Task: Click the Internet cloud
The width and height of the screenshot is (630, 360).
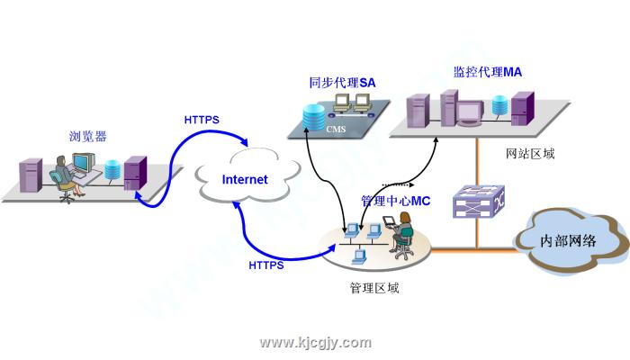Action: [x=245, y=178]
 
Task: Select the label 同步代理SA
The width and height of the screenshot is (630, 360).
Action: [x=342, y=83]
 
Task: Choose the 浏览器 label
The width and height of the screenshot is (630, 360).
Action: [x=87, y=137]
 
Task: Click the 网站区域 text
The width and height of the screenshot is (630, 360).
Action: [x=531, y=154]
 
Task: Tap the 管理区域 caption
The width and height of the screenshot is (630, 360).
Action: [x=373, y=289]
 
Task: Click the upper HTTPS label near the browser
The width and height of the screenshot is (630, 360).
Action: [x=202, y=120]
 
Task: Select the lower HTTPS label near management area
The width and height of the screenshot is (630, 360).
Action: [x=265, y=265]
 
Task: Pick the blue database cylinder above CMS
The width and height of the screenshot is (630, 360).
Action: [x=313, y=117]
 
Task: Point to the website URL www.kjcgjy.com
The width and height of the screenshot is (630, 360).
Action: [x=315, y=343]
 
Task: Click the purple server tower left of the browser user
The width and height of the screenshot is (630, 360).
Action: [x=30, y=175]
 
